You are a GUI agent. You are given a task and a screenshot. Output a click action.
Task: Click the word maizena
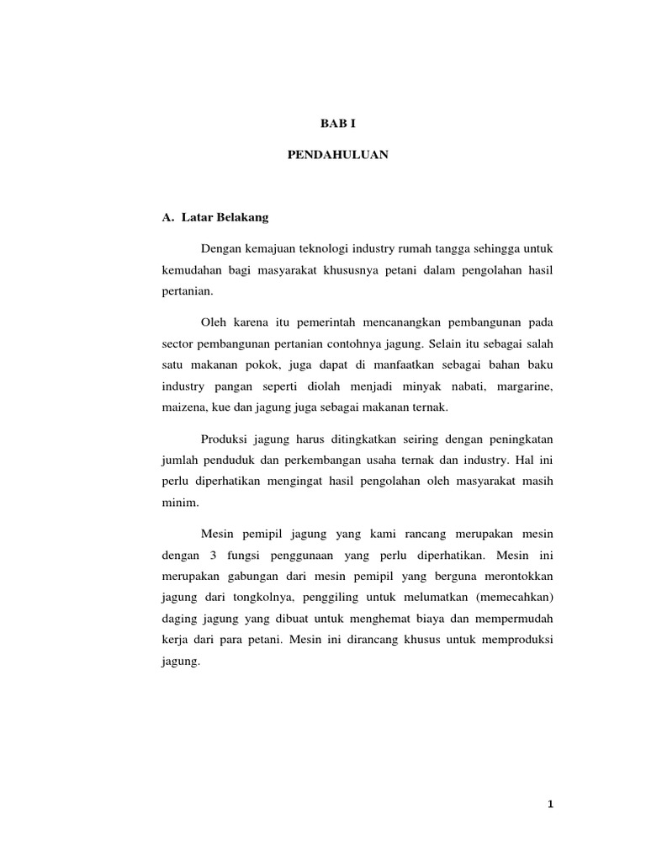[180, 408]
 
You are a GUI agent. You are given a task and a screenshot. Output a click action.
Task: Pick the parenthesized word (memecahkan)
[512, 599]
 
